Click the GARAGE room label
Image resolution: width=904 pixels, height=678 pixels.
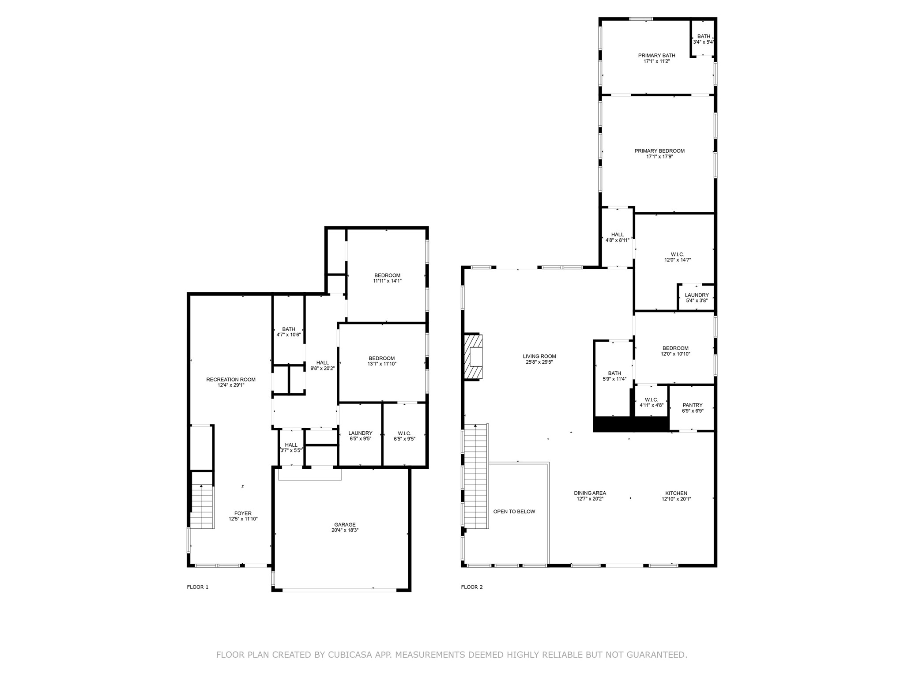click(x=345, y=525)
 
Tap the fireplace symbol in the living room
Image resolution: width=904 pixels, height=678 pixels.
click(x=473, y=357)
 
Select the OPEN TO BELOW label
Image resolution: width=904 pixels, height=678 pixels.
click(x=514, y=512)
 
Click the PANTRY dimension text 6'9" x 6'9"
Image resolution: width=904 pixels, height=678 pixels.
click(x=692, y=411)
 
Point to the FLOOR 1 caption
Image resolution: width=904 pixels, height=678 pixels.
click(x=197, y=587)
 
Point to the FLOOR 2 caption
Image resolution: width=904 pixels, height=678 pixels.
click(x=472, y=587)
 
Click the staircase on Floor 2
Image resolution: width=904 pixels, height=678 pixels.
click(x=476, y=477)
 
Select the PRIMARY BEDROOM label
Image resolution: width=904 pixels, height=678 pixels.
click(x=659, y=151)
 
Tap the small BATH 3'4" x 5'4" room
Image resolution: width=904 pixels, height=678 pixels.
click(x=703, y=39)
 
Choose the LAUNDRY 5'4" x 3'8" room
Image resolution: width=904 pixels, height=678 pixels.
click(x=697, y=298)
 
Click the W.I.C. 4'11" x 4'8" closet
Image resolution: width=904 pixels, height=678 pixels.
click(x=651, y=402)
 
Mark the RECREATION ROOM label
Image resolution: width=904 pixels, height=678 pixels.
click(x=231, y=380)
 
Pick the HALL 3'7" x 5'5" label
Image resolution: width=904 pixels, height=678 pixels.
click(x=291, y=448)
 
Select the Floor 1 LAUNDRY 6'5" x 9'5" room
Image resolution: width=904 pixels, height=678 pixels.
click(x=360, y=436)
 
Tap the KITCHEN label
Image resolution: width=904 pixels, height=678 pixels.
click(x=676, y=493)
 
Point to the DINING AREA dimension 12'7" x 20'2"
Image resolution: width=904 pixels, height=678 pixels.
click(x=590, y=499)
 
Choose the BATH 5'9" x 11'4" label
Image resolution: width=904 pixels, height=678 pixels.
click(x=614, y=376)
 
